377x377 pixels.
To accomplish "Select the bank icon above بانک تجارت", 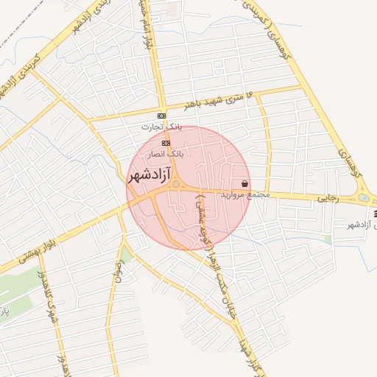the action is pyautogui.click(x=162, y=116).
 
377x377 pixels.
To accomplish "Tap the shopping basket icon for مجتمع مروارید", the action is pyautogui.click(x=244, y=183).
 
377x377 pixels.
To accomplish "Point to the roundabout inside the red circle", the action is pyautogui.click(x=177, y=184).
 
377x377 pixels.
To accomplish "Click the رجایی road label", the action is pyautogui.click(x=327, y=199).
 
